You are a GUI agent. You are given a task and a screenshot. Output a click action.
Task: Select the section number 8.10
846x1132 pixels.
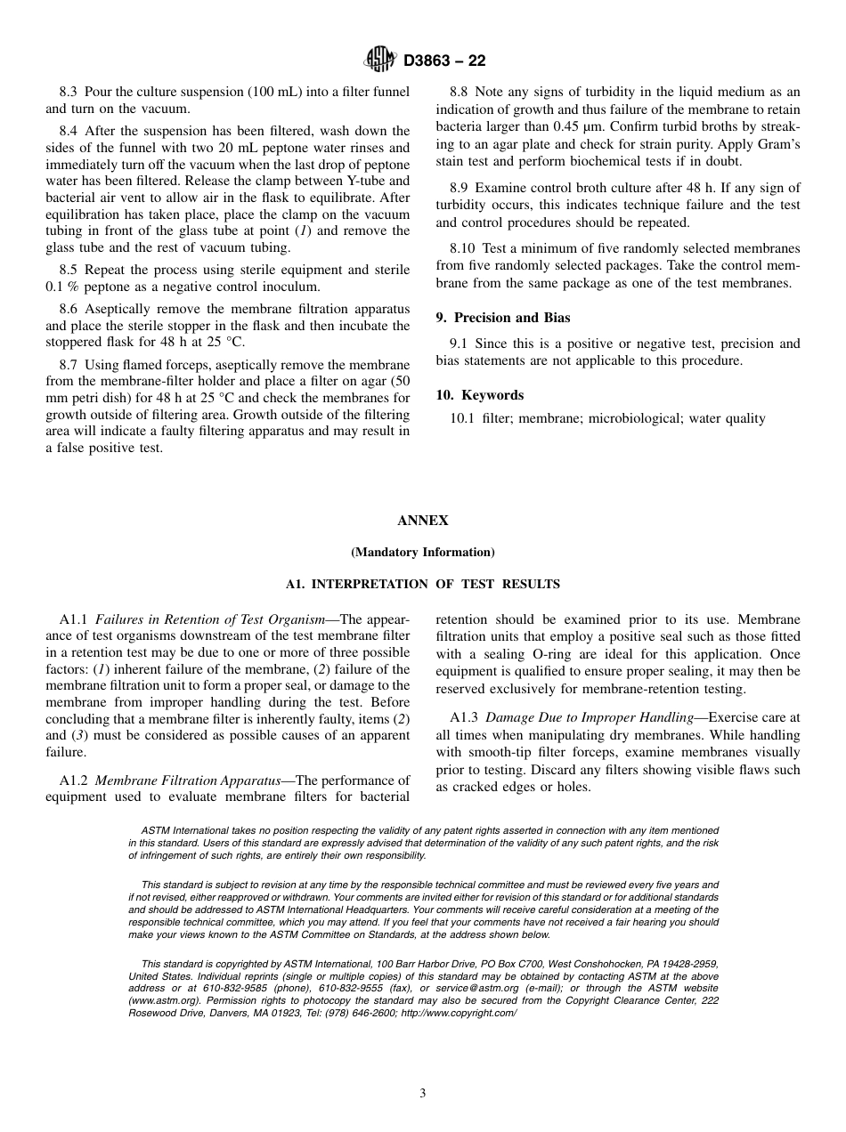click(x=463, y=248)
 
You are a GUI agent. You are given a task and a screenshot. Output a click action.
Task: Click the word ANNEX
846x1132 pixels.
click(x=423, y=521)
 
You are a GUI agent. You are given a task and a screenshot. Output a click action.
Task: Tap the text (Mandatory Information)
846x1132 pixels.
click(x=423, y=553)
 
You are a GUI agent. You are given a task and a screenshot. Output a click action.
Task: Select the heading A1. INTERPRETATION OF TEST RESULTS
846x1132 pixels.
click(x=423, y=585)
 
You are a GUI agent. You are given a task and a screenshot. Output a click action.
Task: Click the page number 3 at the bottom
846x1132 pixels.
click(x=423, y=1094)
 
